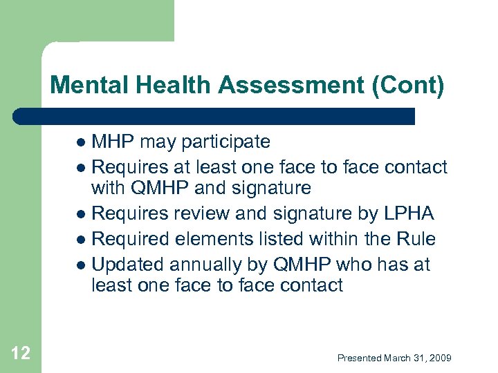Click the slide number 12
click(21, 354)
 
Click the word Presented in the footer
click(359, 358)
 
